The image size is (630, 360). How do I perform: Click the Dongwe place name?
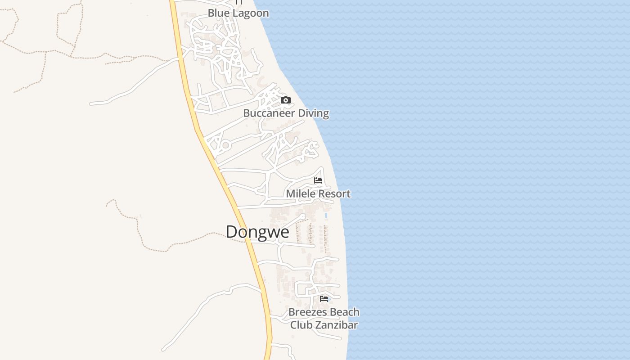(x=257, y=232)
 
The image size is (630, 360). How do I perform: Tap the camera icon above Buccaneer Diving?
(x=286, y=100)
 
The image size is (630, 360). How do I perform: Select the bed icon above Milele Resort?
(x=318, y=180)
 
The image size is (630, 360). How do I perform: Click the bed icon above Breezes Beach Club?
(x=324, y=298)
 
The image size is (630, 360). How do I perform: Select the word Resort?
(x=334, y=194)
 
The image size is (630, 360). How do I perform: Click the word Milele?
(x=300, y=194)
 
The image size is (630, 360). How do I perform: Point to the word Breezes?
(x=306, y=312)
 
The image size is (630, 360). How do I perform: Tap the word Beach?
(x=342, y=312)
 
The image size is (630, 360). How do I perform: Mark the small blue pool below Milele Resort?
(x=326, y=216)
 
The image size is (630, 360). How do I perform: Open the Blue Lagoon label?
(x=238, y=13)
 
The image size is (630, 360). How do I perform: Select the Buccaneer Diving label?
(x=286, y=113)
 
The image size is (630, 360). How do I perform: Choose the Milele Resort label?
(x=318, y=194)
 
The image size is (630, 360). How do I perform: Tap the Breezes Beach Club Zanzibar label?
(x=324, y=319)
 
